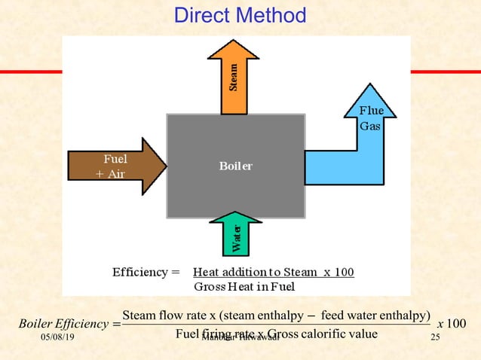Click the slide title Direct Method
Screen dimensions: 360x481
point(240,15)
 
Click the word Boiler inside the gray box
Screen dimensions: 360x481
point(235,166)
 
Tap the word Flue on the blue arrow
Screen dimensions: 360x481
point(371,111)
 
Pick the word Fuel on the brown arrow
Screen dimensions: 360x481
point(115,159)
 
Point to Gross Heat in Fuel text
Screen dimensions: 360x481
point(244,287)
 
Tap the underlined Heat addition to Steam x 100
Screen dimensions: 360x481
point(273,272)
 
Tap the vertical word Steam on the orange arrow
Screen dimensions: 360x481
point(234,76)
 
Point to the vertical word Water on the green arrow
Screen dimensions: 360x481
point(237,239)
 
